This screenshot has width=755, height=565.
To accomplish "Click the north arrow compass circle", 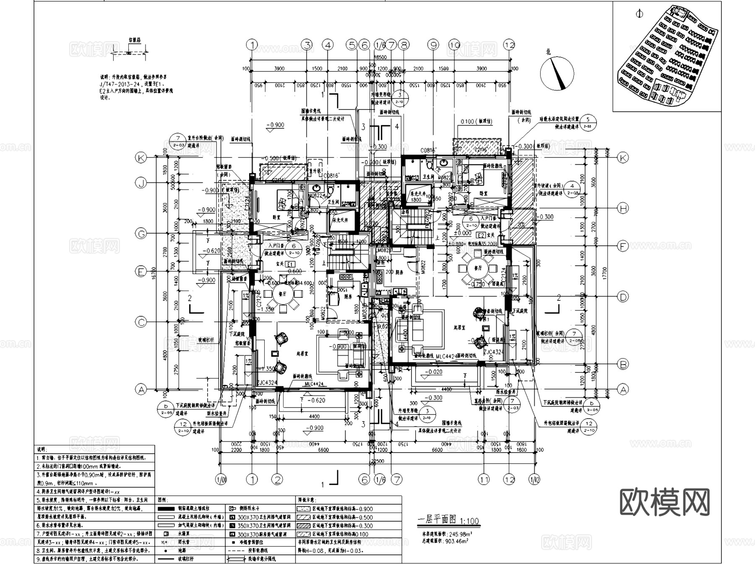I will pos(557,73).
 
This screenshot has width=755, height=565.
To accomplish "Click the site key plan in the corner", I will pos(667,57).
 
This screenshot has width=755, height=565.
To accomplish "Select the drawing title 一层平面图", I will pos(436,520).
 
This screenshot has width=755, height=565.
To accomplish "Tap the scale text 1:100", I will pos(469,521).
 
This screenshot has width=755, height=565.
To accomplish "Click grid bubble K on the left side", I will pos(141,158).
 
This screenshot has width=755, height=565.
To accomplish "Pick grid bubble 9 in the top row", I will pos(432,45).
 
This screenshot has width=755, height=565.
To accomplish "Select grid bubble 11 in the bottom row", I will pos(484,479).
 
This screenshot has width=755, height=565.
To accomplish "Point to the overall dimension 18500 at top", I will pos(380,57).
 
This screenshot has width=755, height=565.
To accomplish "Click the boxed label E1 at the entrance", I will pos(289,264).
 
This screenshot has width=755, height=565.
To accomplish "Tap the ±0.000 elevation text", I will pos(462,233).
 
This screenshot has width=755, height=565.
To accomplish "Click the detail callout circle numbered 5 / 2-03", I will pos(588,122).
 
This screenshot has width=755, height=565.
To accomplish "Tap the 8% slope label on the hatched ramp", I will pos(521,225).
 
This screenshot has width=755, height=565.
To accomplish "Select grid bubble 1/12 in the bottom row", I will pos(534,479).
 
